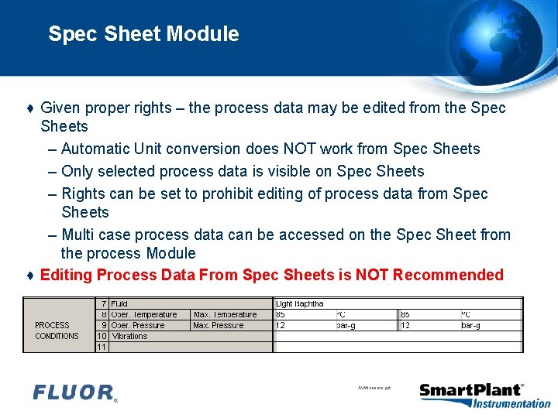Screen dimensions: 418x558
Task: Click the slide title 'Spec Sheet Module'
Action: (143, 34)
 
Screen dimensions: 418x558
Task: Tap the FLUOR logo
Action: (74, 392)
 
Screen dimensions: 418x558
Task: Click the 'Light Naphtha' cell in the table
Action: (300, 304)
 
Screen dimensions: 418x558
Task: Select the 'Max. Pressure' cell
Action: (219, 326)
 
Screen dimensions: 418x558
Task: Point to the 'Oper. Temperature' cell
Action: (144, 315)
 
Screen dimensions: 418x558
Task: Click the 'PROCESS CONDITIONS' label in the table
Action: (57, 331)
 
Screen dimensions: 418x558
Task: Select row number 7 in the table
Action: (103, 304)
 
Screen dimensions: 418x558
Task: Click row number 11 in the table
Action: (102, 348)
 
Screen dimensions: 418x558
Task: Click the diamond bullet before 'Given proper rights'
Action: (29, 108)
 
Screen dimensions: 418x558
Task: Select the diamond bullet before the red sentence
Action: (29, 276)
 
